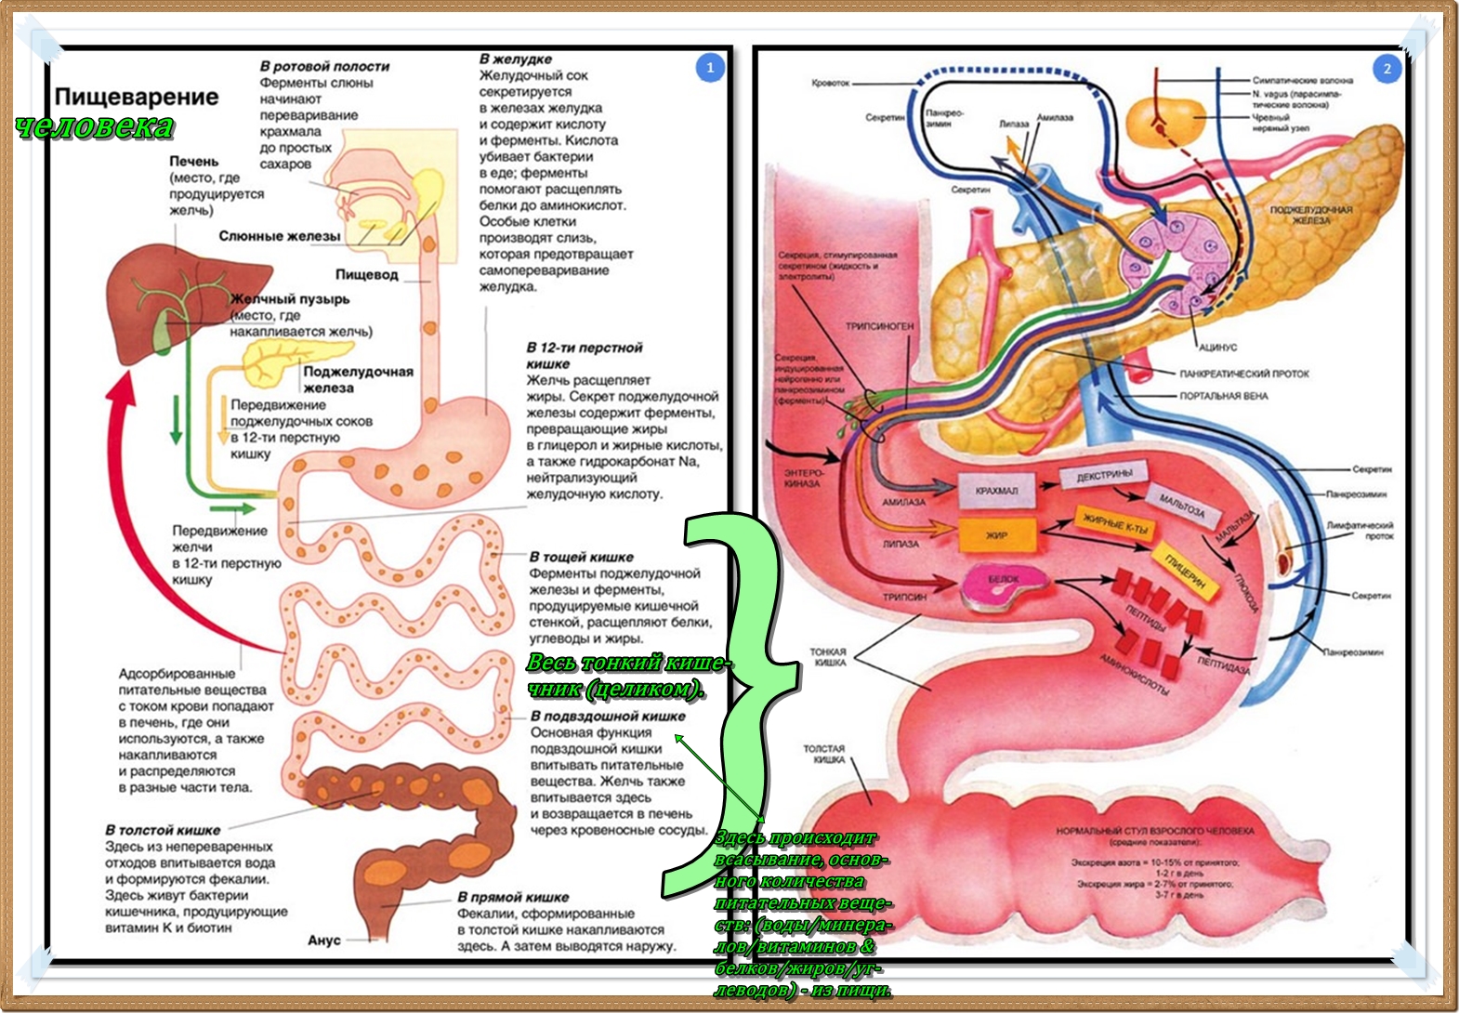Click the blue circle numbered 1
[x=710, y=68]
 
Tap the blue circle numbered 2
[x=1387, y=69]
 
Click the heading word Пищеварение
[x=137, y=97]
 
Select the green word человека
[x=95, y=126]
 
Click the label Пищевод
[x=366, y=275]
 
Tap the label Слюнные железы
[x=279, y=236]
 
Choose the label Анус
[x=324, y=941]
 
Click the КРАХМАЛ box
[x=996, y=491]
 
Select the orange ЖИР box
[x=996, y=535]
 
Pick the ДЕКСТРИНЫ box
[x=1104, y=476]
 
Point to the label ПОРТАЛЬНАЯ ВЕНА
[x=1223, y=396]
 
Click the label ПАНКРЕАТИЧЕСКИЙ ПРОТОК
[x=1243, y=374]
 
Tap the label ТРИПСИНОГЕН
[x=879, y=326]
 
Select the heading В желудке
[x=515, y=59]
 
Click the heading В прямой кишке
[x=513, y=897]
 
